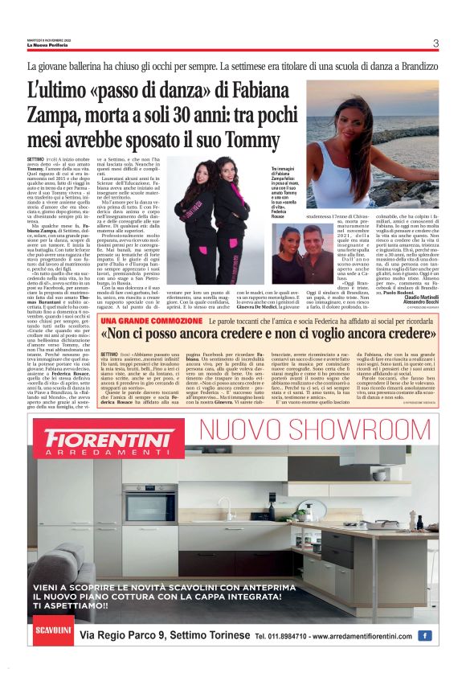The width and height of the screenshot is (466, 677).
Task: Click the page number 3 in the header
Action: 435,43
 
